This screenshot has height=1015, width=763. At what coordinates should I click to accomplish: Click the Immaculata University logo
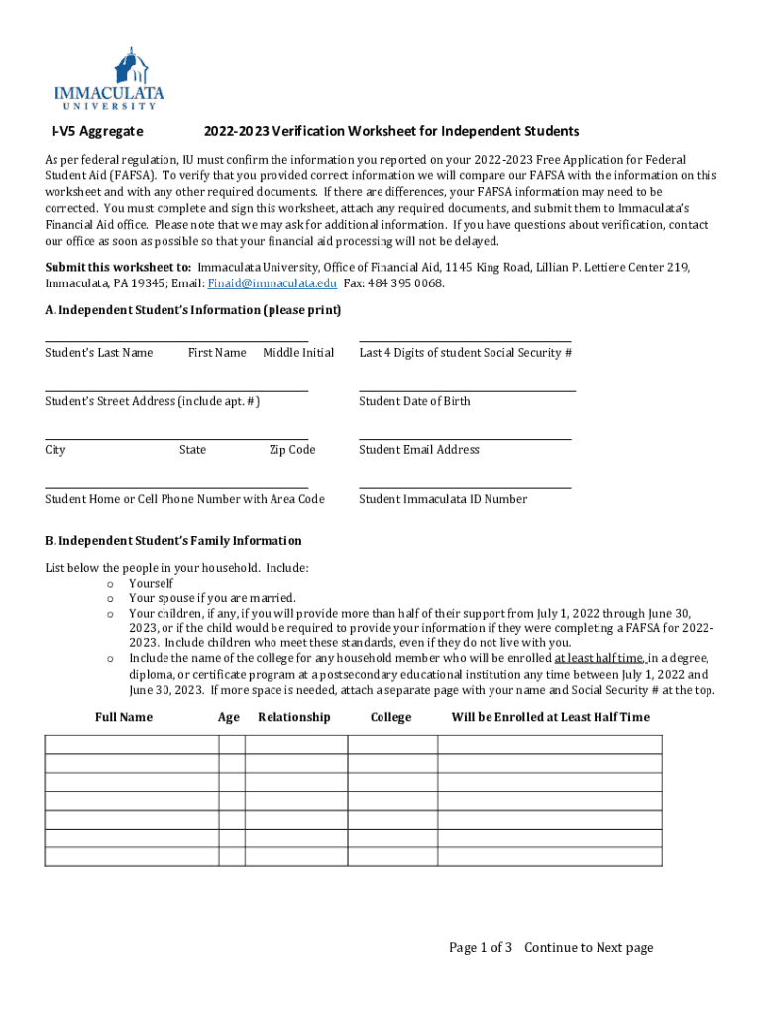[109, 77]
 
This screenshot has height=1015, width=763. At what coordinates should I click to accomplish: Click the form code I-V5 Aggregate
[97, 132]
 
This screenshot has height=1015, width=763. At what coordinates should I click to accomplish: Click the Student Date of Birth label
[414, 401]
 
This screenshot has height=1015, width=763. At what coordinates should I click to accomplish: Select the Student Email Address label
[418, 450]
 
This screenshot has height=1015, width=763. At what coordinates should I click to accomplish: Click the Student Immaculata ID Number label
[442, 499]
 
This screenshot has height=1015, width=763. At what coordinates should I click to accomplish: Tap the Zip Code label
[292, 450]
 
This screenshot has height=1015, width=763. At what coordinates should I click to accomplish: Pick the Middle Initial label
[298, 353]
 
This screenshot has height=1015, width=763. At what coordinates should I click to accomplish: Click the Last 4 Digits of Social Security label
[465, 353]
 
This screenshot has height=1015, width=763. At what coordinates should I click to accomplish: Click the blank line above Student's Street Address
[176, 389]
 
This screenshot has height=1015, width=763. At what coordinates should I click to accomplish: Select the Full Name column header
[124, 717]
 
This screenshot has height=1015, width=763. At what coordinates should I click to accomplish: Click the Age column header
[228, 717]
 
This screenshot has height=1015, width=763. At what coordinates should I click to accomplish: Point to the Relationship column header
[293, 717]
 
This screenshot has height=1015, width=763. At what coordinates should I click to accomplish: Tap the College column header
[390, 717]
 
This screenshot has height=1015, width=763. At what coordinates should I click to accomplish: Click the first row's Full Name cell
[132, 744]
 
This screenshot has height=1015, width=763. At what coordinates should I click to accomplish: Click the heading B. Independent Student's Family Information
[173, 541]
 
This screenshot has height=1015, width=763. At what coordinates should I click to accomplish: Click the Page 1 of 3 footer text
[481, 948]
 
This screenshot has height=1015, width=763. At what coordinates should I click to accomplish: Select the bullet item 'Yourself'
[151, 584]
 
